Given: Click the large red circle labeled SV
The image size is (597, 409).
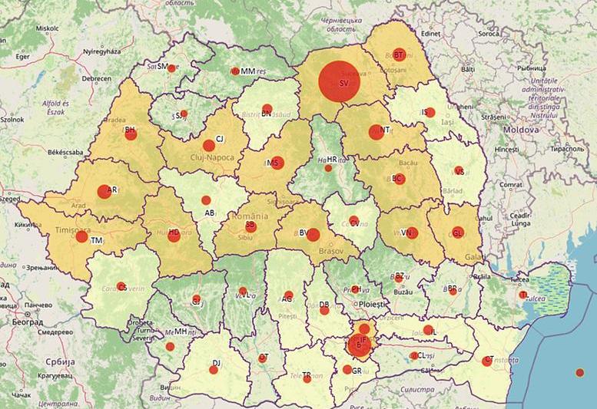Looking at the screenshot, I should click(339, 81).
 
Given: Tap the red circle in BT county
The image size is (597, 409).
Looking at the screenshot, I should click(399, 54).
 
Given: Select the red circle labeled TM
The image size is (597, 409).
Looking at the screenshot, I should click(81, 237).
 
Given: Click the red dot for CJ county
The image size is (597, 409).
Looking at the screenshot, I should click(208, 145).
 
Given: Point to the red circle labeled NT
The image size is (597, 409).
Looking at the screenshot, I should click(376, 131).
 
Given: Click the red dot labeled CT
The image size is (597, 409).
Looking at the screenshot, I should click(486, 361).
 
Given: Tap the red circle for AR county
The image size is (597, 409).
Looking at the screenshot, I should click(104, 192).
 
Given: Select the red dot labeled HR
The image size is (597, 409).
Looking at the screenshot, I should click(328, 167).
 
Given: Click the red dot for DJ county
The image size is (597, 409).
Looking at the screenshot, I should click(214, 369).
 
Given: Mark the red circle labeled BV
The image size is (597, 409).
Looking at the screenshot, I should click(313, 235).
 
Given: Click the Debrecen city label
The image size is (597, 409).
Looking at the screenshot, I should click(97, 78).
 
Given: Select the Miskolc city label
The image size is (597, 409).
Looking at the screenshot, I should click(46, 28).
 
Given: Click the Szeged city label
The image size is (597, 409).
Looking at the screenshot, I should click(9, 198).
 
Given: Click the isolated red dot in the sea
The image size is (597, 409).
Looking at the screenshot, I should click(579, 373).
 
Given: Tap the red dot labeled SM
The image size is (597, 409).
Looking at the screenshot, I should click(171, 68).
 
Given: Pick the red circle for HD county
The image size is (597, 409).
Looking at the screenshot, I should click(174, 236).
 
